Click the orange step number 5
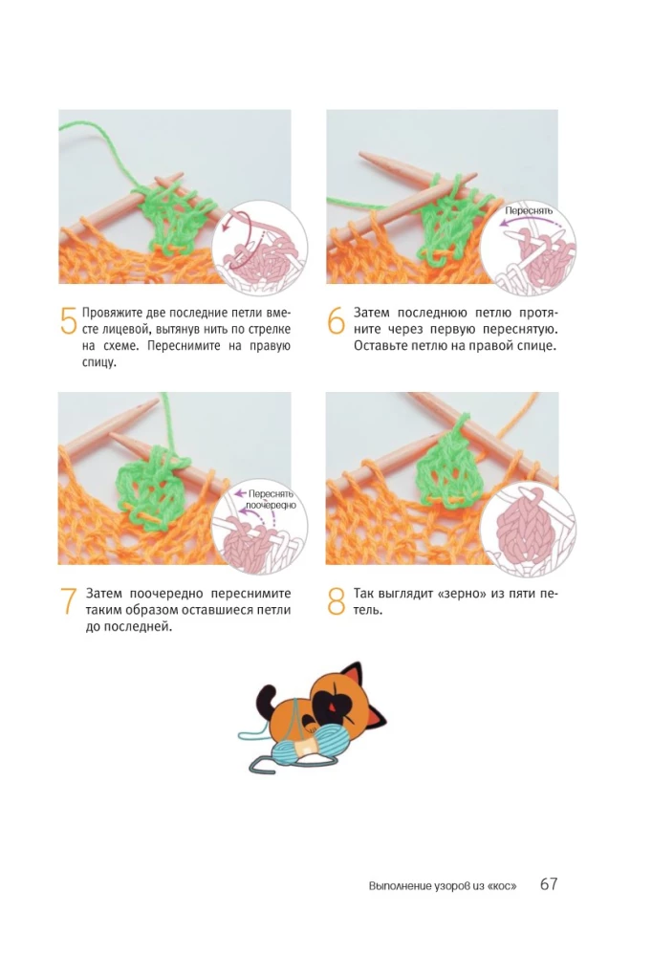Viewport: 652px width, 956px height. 68,320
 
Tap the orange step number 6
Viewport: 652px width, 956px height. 337,320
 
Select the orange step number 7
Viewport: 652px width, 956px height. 68,601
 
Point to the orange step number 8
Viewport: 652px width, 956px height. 337,601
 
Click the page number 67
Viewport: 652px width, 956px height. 549,884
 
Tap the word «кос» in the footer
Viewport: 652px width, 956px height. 502,886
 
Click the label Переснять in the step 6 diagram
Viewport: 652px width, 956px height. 528,211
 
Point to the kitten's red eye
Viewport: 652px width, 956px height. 332,706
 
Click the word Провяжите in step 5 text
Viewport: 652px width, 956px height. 112,314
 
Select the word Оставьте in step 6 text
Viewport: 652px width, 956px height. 380,346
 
